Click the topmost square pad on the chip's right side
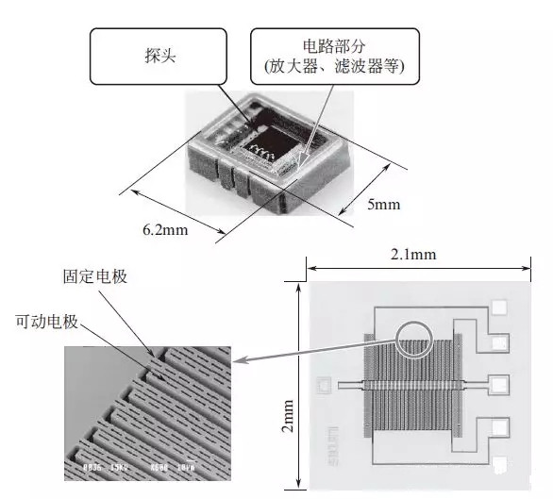[x=500, y=306]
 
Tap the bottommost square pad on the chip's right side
[x=500, y=462]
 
